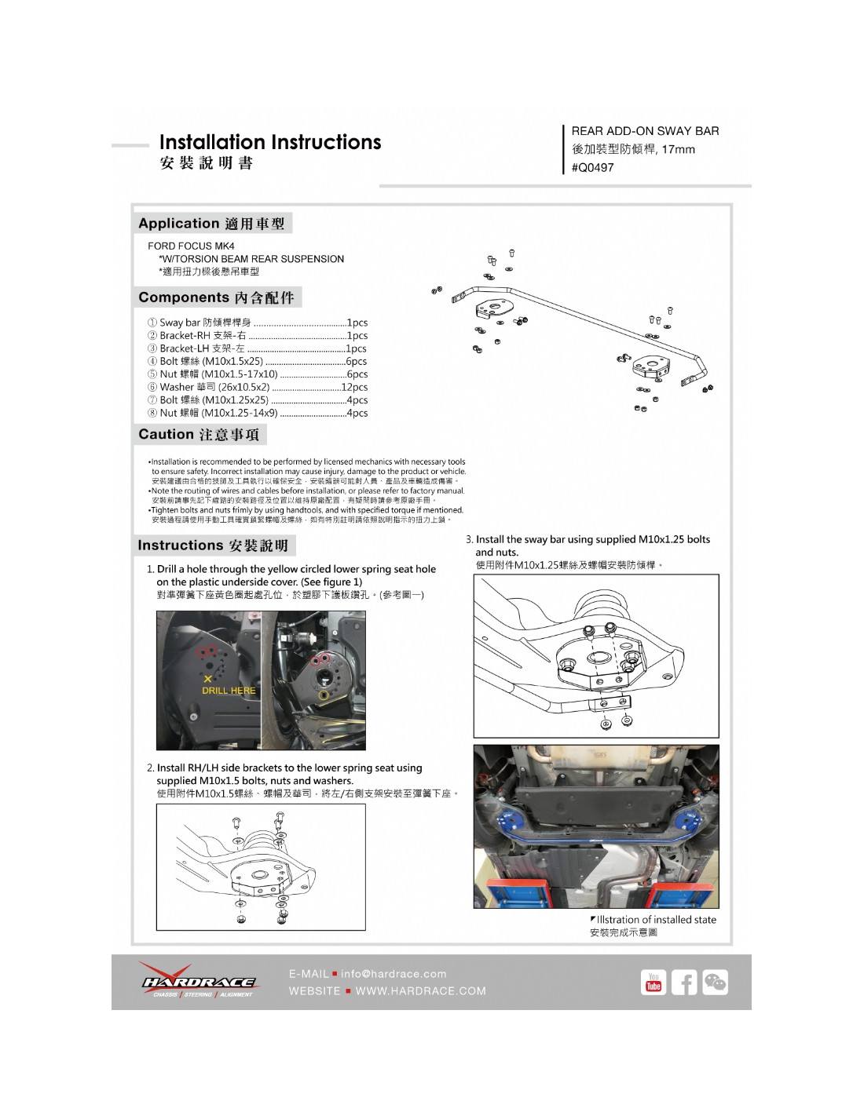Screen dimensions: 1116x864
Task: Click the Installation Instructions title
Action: pos(269,142)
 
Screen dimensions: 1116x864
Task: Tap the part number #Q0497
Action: pos(593,167)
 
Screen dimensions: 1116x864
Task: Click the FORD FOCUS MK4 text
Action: pos(191,246)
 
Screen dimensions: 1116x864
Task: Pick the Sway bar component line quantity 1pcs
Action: pos(357,323)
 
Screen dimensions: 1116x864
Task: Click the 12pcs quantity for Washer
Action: pos(354,387)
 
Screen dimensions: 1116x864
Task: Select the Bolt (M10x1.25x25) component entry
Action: pos(214,399)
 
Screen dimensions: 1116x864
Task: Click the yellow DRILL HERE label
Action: pos(229,691)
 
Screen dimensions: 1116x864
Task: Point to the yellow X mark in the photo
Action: pos(207,679)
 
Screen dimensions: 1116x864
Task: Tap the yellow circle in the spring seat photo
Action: pos(324,695)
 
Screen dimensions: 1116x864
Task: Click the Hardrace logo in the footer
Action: pos(198,981)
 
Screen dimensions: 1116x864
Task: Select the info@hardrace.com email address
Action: pos(394,974)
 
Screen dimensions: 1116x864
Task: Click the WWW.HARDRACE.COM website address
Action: pos(421,991)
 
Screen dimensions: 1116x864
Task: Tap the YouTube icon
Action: pos(653,983)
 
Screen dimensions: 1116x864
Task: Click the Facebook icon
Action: pos(684,983)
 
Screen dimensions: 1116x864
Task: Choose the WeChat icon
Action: pos(715,983)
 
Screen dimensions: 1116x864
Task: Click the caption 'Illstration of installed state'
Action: pos(656,920)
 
